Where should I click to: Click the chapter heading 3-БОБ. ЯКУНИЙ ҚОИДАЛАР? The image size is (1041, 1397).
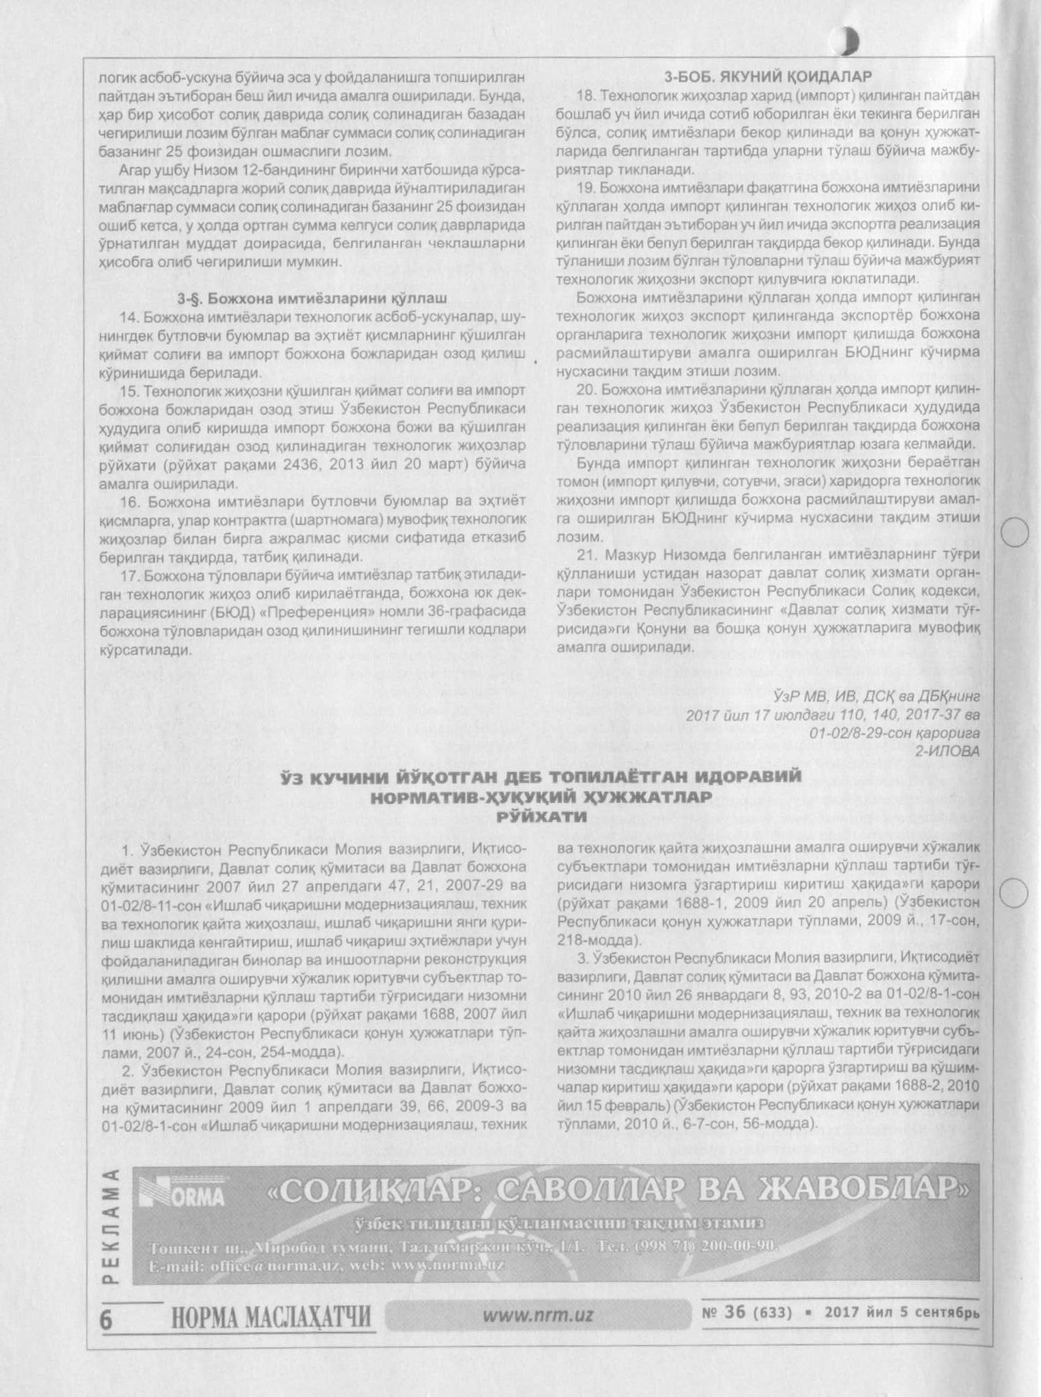pos(767,76)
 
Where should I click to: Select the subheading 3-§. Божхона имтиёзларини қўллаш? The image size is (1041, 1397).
pos(312,298)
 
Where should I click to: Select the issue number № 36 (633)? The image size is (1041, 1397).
pos(748,1312)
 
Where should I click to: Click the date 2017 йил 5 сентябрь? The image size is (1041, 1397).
pos(902,1313)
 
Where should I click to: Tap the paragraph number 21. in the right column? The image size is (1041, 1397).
pos(586,555)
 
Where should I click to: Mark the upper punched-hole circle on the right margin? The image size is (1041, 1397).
pos(1015,532)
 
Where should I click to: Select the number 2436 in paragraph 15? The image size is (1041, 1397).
pos(301,464)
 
